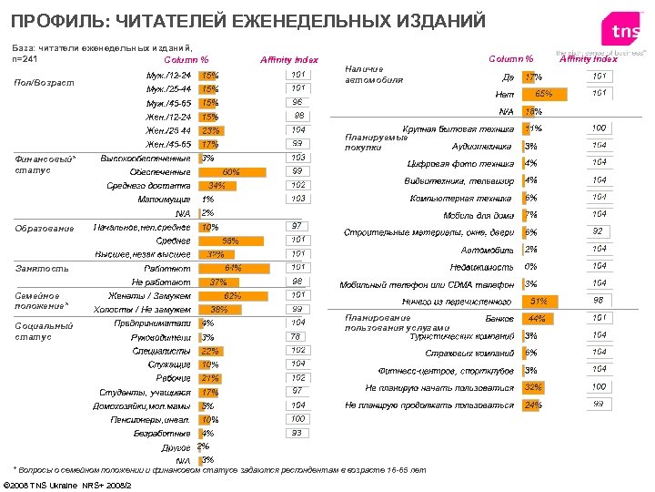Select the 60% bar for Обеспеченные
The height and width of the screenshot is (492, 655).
(229, 171)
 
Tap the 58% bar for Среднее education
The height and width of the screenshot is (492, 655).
(227, 240)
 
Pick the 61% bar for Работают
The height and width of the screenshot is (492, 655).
(230, 268)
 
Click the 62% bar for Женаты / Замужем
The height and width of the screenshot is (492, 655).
(231, 296)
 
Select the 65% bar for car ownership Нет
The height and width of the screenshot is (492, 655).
(544, 93)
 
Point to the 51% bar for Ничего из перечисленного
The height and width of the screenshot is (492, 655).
(538, 301)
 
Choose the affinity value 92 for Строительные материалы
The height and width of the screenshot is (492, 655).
(599, 231)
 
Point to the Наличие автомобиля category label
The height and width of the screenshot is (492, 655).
(373, 74)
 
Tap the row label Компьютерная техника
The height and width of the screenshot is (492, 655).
(461, 198)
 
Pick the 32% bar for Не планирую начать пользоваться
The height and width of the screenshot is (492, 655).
(533, 387)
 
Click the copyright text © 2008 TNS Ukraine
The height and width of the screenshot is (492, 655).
(68, 484)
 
